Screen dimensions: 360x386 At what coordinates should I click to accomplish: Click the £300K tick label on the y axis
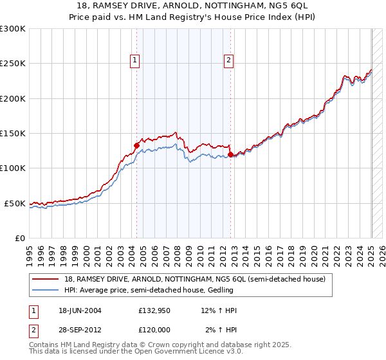click(13, 29)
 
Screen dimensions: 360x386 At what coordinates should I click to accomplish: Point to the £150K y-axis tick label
click(13, 134)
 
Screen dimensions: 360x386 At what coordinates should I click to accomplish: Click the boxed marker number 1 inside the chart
click(135, 61)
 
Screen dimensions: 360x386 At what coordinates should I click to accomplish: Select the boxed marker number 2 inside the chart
click(228, 61)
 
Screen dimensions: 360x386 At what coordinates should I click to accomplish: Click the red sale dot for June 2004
click(136, 145)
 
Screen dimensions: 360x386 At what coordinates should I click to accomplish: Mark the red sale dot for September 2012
click(230, 154)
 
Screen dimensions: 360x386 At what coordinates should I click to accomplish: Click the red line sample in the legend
click(45, 279)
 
